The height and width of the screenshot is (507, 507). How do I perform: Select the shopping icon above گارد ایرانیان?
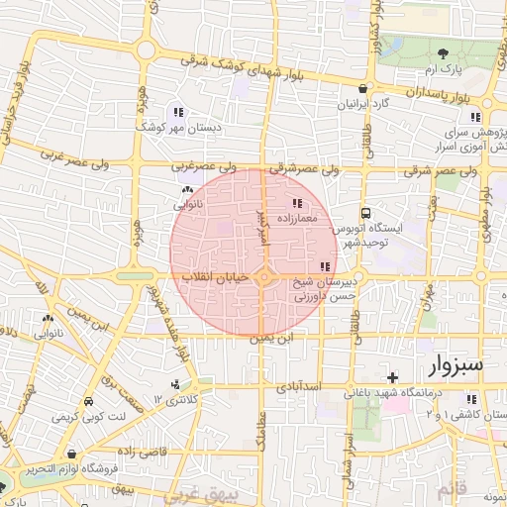[364, 89]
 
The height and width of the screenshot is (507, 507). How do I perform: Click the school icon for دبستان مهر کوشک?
[178, 112]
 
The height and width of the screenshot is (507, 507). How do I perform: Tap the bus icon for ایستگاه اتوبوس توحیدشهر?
[365, 213]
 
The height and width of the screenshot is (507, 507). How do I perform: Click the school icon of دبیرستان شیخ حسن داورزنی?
[326, 266]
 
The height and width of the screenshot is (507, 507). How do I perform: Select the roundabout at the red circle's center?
[263, 278]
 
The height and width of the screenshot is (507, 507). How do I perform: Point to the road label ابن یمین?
[271, 340]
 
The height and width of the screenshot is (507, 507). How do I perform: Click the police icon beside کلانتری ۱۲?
[175, 384]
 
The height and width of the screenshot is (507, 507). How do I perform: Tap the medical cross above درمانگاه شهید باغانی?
[393, 377]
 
